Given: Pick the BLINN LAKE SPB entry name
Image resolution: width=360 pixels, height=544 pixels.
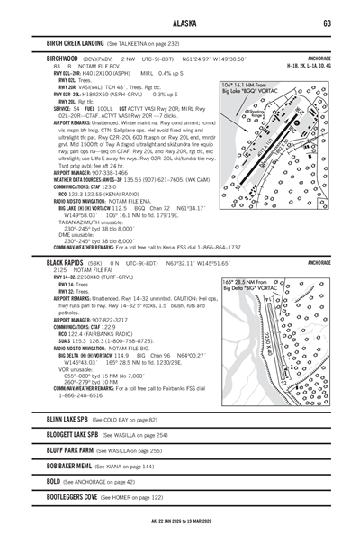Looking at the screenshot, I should pyautogui.click(x=73, y=419).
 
